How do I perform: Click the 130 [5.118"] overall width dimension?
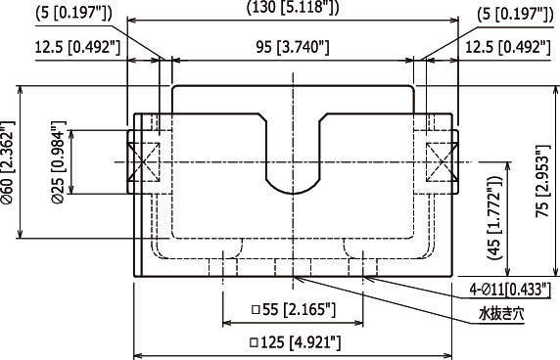(x=293, y=8)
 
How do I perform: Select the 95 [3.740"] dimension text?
(x=293, y=47)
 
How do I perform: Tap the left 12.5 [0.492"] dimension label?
(x=77, y=47)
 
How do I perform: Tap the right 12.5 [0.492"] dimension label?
(x=507, y=47)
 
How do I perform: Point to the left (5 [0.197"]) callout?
(x=74, y=15)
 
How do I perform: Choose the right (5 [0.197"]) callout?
(x=515, y=15)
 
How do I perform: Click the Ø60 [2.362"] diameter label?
(x=8, y=162)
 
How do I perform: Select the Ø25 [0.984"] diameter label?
(x=59, y=162)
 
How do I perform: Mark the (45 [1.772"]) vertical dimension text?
(x=495, y=217)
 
